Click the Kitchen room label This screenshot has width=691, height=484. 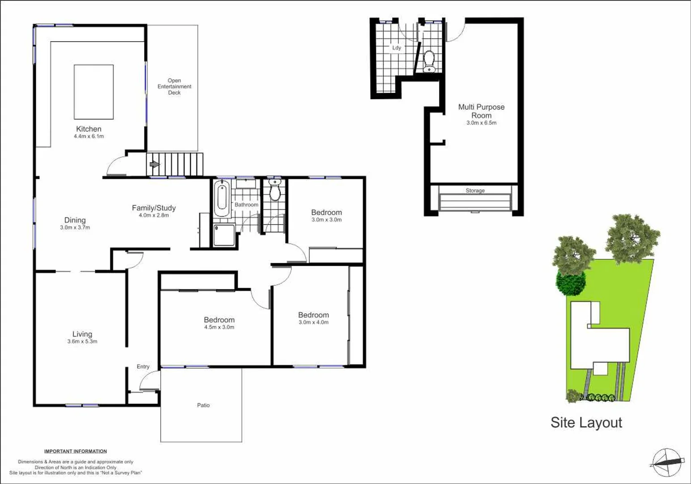pyautogui.click(x=89, y=129)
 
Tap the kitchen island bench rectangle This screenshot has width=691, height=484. pyautogui.click(x=94, y=91)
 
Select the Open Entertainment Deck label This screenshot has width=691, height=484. pyautogui.click(x=174, y=86)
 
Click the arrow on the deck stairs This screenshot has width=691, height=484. pyautogui.click(x=154, y=164)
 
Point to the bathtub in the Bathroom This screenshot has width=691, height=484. pyautogui.click(x=222, y=198)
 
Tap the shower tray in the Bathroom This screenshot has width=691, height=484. pyautogui.click(x=224, y=235)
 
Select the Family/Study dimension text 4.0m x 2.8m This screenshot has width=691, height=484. pyautogui.click(x=154, y=215)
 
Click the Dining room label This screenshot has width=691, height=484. pyautogui.click(x=75, y=220)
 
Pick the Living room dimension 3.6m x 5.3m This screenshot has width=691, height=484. pyautogui.click(x=82, y=341)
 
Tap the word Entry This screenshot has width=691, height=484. pyautogui.click(x=143, y=367)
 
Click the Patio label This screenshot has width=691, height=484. pyautogui.click(x=203, y=405)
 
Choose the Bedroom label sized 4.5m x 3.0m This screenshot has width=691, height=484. pyautogui.click(x=219, y=320)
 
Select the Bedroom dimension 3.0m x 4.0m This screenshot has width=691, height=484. pyautogui.click(x=313, y=322)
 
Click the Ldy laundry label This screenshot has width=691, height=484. pyautogui.click(x=397, y=48)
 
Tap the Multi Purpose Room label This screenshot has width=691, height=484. pyautogui.click(x=481, y=111)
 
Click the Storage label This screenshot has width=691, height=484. pyautogui.click(x=475, y=190)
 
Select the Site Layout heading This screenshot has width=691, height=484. pyautogui.click(x=586, y=423)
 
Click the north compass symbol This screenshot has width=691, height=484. pyautogui.click(x=667, y=462)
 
